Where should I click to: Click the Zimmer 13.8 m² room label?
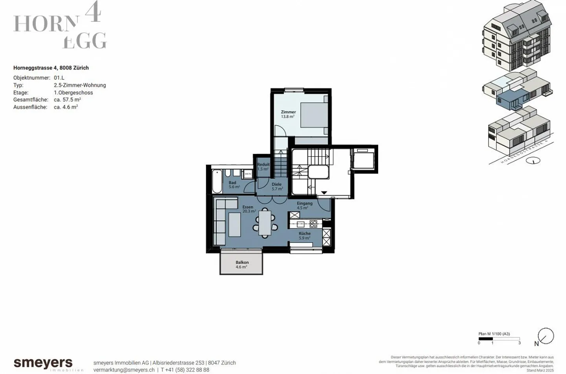click(x=288, y=114)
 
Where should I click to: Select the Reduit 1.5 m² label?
click(x=263, y=167)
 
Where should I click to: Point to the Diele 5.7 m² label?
click(x=277, y=187)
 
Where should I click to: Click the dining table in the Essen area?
click(x=265, y=223)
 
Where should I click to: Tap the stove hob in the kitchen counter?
click(x=313, y=224)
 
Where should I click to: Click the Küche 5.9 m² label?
click(x=304, y=235)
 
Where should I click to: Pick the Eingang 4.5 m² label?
click(x=304, y=206)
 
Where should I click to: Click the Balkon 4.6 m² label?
click(x=242, y=265)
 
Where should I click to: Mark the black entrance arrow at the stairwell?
click(x=324, y=193)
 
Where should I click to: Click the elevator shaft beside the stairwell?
click(x=364, y=159)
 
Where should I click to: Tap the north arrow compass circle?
click(x=546, y=336)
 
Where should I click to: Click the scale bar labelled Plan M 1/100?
click(x=499, y=339)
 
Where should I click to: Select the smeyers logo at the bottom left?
click(x=43, y=363)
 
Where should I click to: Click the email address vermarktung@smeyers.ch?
click(x=124, y=370)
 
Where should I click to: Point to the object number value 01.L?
click(x=59, y=78)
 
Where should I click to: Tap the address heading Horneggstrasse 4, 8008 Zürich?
click(x=51, y=68)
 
